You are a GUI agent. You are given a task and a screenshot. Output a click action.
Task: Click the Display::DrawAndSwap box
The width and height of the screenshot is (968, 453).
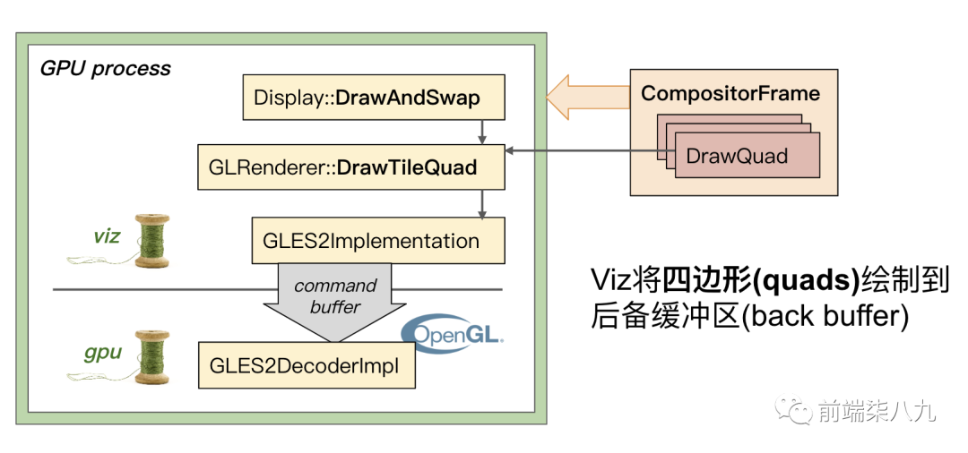[x=374, y=98]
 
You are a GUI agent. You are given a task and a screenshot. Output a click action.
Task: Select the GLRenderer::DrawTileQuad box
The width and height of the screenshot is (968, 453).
[x=351, y=167]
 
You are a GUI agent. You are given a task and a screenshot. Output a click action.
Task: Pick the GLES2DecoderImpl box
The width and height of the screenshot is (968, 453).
[x=307, y=365]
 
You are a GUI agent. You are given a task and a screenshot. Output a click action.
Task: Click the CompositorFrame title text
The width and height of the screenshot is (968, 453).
[x=730, y=93]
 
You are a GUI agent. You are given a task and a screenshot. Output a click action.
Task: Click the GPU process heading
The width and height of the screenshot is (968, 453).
[x=105, y=69]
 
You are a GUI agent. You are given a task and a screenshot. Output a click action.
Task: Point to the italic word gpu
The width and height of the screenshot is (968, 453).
[x=104, y=352]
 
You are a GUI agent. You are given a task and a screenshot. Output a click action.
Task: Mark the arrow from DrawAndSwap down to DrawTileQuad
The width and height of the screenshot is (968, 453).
[x=482, y=132]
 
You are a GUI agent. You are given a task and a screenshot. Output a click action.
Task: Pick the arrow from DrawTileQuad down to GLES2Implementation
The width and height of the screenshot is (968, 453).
[x=482, y=203]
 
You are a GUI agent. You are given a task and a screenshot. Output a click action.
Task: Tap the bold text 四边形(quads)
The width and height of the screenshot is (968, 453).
[x=760, y=280]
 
